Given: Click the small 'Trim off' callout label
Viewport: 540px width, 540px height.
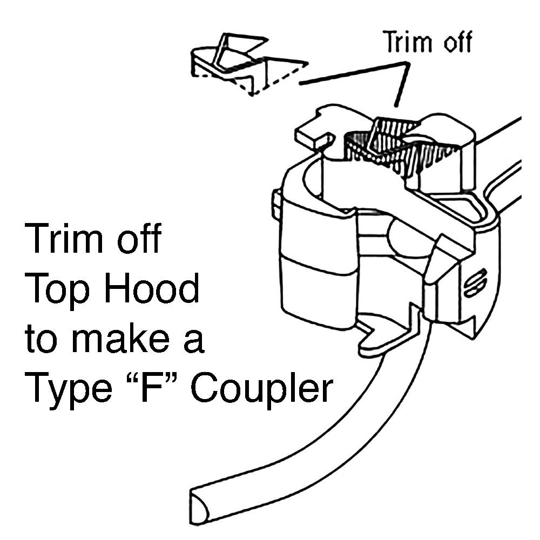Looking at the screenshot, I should coord(427,42).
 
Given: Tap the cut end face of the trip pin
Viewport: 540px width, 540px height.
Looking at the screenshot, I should coord(199,505).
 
